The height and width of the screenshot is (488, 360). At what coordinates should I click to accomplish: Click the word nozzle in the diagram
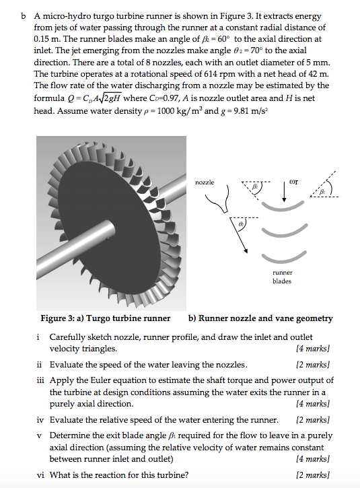click(x=205, y=182)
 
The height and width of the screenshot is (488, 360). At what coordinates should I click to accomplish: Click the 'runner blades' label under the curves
click(x=282, y=277)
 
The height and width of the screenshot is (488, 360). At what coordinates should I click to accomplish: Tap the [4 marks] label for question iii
click(x=314, y=404)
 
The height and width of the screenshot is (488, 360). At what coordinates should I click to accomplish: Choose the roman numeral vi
click(x=40, y=474)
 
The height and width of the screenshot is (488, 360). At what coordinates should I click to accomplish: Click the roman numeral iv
click(x=40, y=419)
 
